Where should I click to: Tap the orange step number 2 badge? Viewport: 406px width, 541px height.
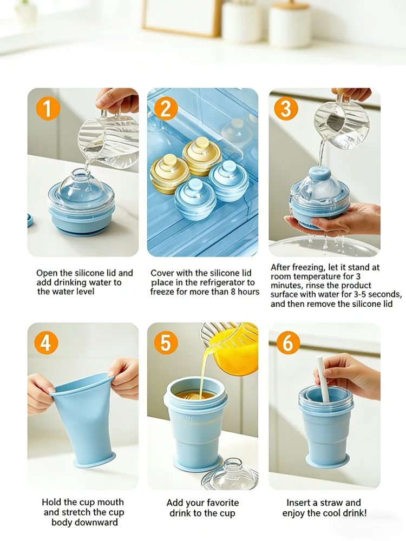point(166,108)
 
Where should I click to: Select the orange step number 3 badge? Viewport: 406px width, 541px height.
point(286,108)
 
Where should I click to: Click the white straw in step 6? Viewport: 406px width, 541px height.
point(323,379)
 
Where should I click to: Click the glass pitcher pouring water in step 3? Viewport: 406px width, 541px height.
point(340,124)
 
